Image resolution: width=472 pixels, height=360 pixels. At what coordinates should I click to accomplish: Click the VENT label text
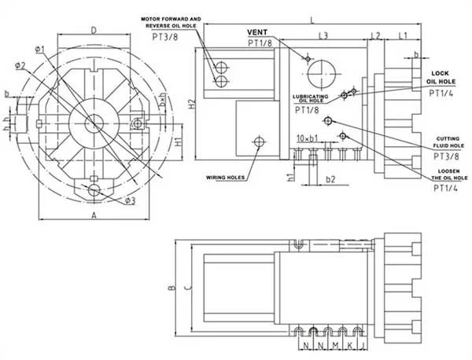(259, 31)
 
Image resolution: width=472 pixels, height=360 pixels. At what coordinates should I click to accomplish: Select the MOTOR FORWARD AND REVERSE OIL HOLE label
(172, 22)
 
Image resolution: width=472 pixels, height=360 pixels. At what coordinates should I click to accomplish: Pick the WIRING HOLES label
(225, 177)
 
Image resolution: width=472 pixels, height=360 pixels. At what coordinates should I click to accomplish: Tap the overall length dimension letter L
(312, 18)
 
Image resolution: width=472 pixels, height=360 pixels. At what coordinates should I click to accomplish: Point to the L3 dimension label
(323, 36)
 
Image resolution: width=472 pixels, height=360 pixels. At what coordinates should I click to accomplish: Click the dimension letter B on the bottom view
(171, 288)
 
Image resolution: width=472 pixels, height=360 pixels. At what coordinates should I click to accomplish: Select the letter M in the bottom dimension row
(334, 345)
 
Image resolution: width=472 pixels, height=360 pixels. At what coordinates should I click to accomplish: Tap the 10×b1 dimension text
(306, 138)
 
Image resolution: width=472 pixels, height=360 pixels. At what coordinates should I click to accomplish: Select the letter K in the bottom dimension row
(348, 345)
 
